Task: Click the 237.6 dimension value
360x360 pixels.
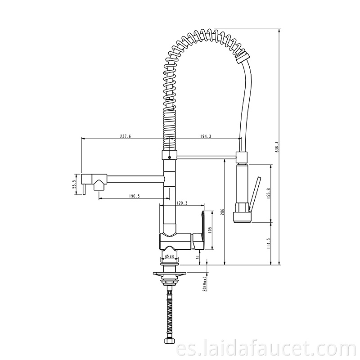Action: pos(126,136)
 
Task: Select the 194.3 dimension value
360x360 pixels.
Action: pos(206,136)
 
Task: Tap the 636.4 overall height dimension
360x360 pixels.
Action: pos(277,147)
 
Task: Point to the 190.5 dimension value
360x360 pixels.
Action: pos(134,196)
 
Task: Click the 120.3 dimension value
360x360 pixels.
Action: pos(182,203)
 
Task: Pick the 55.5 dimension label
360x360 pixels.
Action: pos(74,184)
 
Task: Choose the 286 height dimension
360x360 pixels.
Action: pos(222,212)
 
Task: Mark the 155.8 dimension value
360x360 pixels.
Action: pos(269,193)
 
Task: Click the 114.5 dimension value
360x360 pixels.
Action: pos(269,243)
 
